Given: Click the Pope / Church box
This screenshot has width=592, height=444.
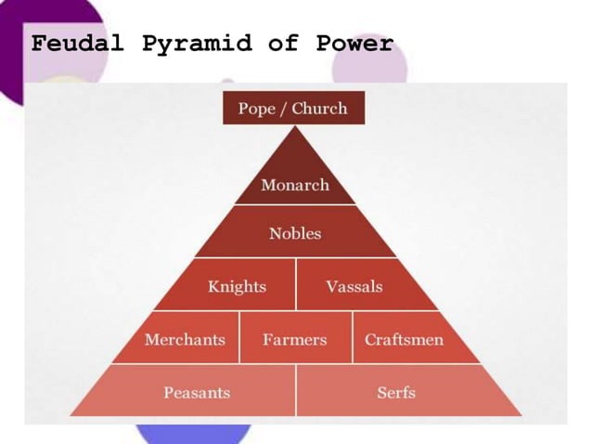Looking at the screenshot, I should (x=293, y=109).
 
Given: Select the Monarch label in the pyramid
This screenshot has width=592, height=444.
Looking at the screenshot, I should (x=295, y=185).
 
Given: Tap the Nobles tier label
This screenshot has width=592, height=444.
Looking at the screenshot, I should (x=295, y=233).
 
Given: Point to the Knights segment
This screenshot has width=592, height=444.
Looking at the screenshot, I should (x=237, y=286).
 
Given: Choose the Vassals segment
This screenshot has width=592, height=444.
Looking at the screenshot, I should (x=354, y=286).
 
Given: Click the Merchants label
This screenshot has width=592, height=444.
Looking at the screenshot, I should (x=185, y=339).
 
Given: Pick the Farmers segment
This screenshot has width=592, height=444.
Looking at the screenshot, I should (x=295, y=339).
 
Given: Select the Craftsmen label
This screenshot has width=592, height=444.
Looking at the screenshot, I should (x=404, y=339).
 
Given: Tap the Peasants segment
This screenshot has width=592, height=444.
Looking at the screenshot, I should (x=197, y=392).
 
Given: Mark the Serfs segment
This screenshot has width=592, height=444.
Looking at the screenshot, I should (x=396, y=392).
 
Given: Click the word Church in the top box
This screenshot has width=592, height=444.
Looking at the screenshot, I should (x=319, y=109).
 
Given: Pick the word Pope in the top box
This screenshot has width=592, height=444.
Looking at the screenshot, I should (x=257, y=109).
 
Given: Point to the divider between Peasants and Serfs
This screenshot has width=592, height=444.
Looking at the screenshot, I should (x=296, y=390).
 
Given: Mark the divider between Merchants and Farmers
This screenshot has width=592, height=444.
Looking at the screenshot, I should (x=239, y=337).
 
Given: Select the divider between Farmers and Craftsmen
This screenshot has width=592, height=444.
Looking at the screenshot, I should (x=353, y=337).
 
